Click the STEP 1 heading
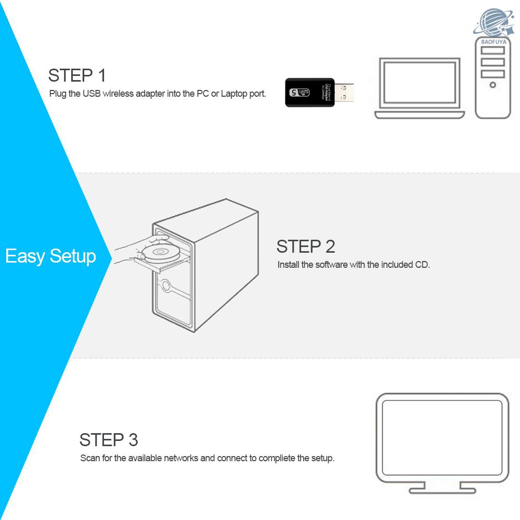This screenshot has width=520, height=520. coord(77,75)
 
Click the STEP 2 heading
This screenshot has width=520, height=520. coord(306,246)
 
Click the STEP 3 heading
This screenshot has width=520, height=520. coord(109,440)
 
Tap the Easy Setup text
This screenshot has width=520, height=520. coord(50,256)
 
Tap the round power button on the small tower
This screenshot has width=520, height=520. coord(492,84)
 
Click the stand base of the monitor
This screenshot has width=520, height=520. coord(442,490)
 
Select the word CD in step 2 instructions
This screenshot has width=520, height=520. coord(422,265)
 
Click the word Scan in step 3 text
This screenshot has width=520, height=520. coord(89,458)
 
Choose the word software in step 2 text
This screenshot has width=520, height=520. coord(331,265)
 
